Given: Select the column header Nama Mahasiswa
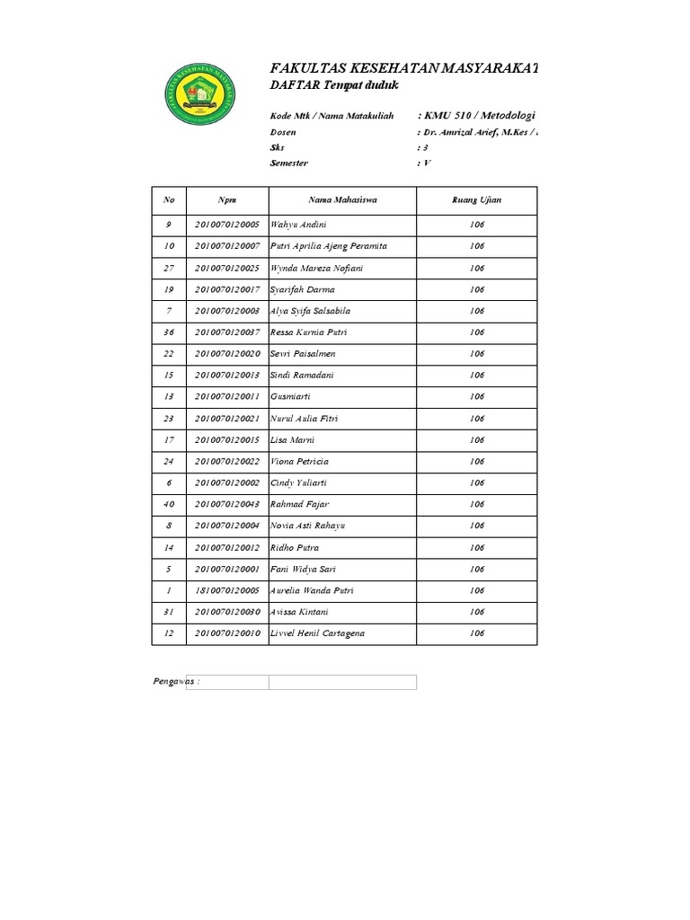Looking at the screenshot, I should coord(342,199).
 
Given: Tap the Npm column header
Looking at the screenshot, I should coord(226,199).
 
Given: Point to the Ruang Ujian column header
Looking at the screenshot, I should coord(476,199).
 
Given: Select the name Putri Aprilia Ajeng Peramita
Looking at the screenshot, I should coord(328,246).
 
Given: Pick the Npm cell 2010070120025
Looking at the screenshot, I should coord(227,268).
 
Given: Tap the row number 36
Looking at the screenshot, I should coord(168,332).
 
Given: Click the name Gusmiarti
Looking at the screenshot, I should coord(290,396).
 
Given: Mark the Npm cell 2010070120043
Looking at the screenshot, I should coord(227,504).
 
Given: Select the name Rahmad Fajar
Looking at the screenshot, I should coord(299,504).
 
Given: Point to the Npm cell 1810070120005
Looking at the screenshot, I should coord(227,590).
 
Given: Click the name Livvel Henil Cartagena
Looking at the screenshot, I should coord(317,633).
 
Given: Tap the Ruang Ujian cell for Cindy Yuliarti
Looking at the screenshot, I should coord(476,482).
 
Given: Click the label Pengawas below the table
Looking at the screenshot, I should coord(175,682).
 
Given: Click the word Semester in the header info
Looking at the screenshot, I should coord(288,164).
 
